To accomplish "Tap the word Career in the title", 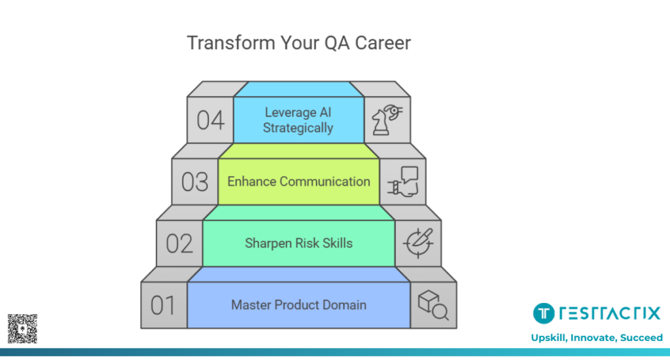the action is tap(383, 43).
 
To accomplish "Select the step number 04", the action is tap(210, 120).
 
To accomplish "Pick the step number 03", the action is tap(195, 182).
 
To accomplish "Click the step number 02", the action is tap(179, 243).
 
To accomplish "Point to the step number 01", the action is tap(163, 305).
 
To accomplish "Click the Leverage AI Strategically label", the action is tap(298, 120).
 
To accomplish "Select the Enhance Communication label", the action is tap(298, 182).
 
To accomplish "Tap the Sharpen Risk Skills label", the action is tap(298, 243).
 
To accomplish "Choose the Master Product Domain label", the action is tap(298, 305).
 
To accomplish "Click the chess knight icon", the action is tap(387, 120).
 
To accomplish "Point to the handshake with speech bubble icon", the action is tap(402, 182).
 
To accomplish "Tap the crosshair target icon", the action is tap(418, 243).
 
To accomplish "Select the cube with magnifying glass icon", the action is tap(433, 305).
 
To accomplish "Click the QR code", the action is tap(22, 329).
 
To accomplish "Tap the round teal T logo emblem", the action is tap(544, 314).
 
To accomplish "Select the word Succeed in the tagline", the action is tap(641, 338).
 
